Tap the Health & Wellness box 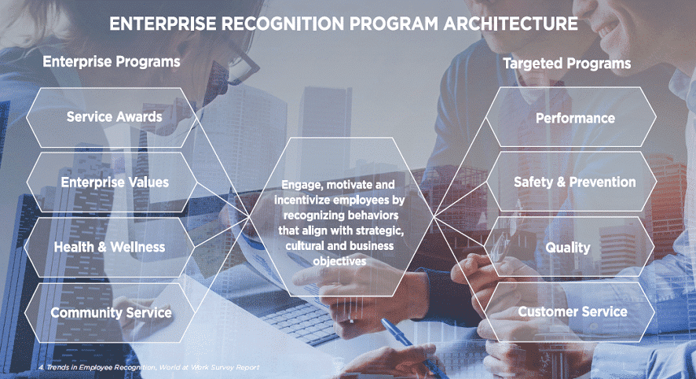(110, 247)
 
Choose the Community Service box (111, 312)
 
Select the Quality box (569, 247)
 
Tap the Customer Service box (570, 312)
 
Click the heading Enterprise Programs (112, 61)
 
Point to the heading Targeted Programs (567, 64)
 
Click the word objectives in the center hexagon (339, 261)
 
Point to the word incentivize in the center (302, 200)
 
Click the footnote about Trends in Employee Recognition (148, 367)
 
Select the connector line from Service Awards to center (222, 167)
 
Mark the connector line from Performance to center (460, 167)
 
